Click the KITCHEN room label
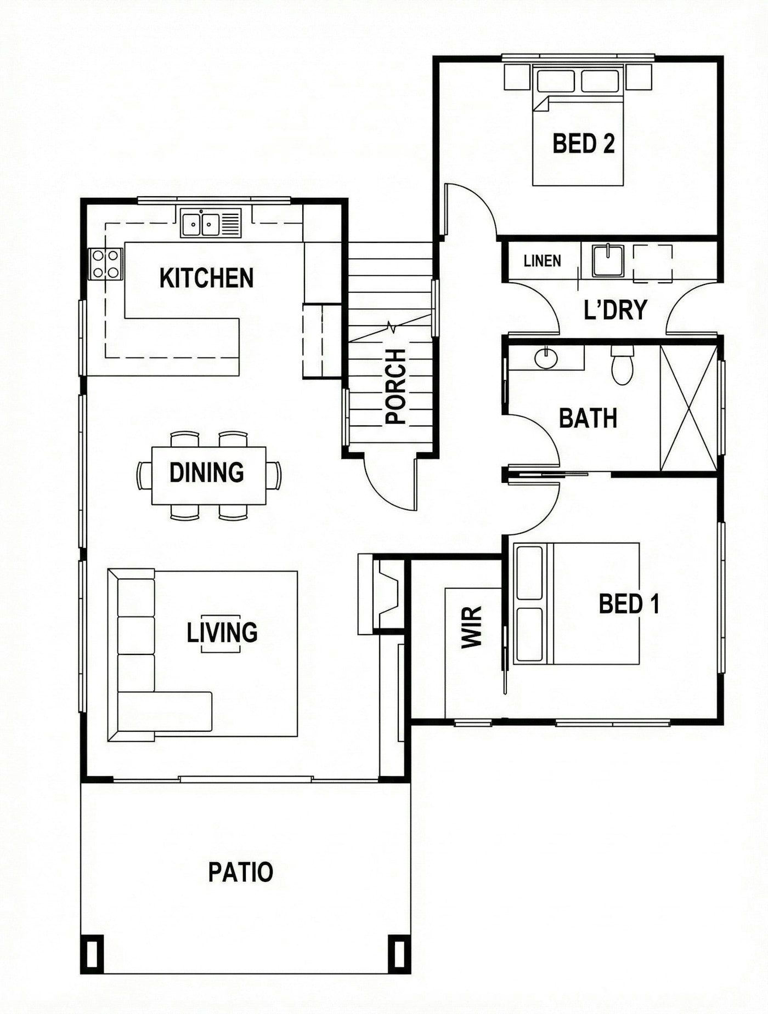coord(206,278)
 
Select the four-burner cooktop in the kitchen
coord(106,264)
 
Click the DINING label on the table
coord(206,472)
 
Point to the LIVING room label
coord(222,633)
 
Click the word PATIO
coord(240,872)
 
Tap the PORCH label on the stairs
coord(396,387)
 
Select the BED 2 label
coord(583,144)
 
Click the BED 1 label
coord(629,604)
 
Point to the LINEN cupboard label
coord(542,261)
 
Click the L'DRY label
coord(615,310)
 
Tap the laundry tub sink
coord(607,260)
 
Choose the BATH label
coord(588,418)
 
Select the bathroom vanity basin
coord(546,358)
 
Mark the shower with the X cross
coord(689,408)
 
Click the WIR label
coord(471,628)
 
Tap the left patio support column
coord(92,954)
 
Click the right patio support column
coord(399,954)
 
